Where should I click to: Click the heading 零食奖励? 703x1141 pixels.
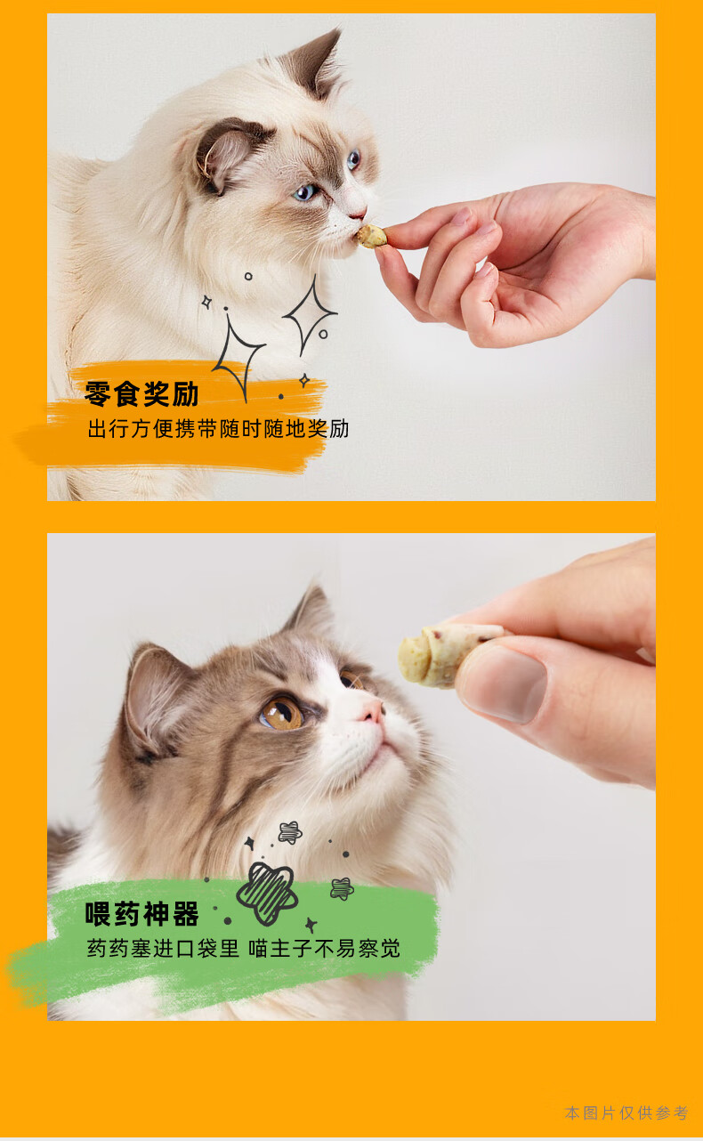[141, 393]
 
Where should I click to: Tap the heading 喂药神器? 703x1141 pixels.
[141, 913]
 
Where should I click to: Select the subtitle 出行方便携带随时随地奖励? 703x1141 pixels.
[219, 429]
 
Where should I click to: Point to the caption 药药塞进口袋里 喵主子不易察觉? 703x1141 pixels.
[244, 949]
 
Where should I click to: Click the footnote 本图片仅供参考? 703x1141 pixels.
[626, 1113]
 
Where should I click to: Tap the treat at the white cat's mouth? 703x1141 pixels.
[371, 237]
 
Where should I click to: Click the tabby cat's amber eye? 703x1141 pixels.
[282, 714]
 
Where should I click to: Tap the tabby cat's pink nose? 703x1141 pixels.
[373, 711]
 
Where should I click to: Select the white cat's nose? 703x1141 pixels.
[357, 213]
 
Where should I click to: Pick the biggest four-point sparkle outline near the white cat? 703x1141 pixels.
[238, 357]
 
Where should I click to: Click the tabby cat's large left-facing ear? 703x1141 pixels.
[153, 692]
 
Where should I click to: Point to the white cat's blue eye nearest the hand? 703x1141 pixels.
[353, 160]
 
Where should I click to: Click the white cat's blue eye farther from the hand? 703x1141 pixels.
[306, 192]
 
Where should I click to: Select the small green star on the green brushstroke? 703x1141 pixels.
[342, 888]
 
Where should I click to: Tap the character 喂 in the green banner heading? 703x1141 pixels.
[98, 913]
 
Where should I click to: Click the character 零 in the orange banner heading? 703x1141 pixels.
[98, 393]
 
